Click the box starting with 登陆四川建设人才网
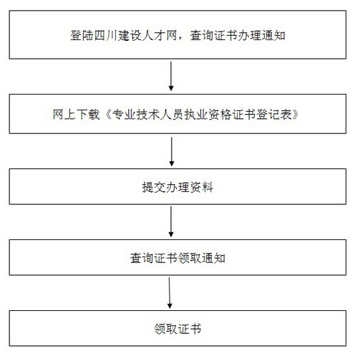(x=179, y=34)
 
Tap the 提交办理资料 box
(x=179, y=188)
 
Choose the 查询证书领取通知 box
(x=179, y=258)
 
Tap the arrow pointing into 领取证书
(x=170, y=294)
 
